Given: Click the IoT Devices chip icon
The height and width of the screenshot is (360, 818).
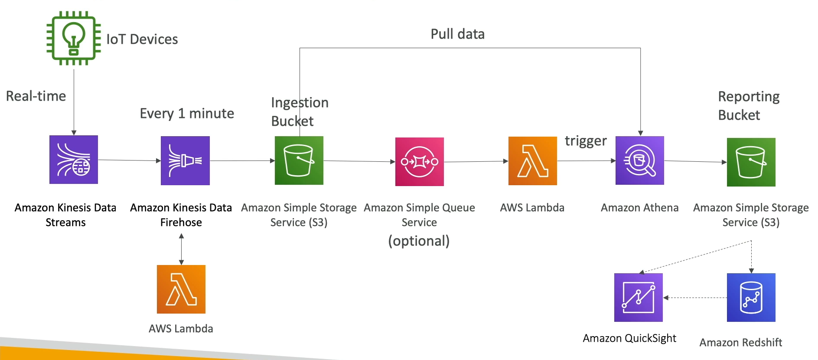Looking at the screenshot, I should pyautogui.click(x=74, y=38).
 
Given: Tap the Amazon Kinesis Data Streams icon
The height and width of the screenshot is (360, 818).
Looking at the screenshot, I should pyautogui.click(x=74, y=160).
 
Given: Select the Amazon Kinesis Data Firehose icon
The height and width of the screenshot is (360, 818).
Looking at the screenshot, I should pyautogui.click(x=185, y=160).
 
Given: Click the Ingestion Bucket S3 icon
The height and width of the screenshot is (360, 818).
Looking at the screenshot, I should pyautogui.click(x=299, y=160).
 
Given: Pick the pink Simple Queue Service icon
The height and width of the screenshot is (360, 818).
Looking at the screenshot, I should pyautogui.click(x=419, y=162).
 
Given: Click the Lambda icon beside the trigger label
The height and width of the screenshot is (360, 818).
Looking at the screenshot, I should pyautogui.click(x=532, y=161).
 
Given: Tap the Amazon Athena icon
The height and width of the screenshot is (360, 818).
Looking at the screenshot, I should pyautogui.click(x=640, y=160).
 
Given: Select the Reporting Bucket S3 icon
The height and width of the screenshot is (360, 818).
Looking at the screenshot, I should pyautogui.click(x=751, y=162).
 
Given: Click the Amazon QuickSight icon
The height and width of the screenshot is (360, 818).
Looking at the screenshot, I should pyautogui.click(x=638, y=298).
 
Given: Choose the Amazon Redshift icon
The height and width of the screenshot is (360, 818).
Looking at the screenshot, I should pyautogui.click(x=751, y=298).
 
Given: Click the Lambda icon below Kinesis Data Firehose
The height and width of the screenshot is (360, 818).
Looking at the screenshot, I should pyautogui.click(x=181, y=289).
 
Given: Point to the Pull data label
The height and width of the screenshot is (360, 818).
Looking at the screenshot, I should pyautogui.click(x=457, y=34).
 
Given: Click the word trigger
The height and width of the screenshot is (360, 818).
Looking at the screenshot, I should pyautogui.click(x=585, y=141).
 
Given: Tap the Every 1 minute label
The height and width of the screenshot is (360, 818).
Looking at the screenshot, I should pyautogui.click(x=187, y=114).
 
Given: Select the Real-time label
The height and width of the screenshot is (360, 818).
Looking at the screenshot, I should pyautogui.click(x=36, y=96).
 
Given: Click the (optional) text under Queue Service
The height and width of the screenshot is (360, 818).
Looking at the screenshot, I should pyautogui.click(x=419, y=241).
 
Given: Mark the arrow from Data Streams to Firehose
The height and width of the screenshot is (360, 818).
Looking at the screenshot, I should pyautogui.click(x=129, y=160).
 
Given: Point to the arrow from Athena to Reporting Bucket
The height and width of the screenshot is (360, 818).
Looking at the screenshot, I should pyautogui.click(x=695, y=161).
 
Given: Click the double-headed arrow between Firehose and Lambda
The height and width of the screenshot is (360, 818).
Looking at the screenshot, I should pyautogui.click(x=181, y=249).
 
